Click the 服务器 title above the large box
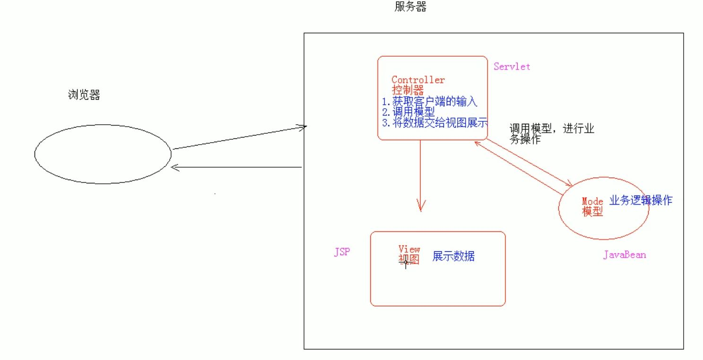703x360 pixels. [x=410, y=7]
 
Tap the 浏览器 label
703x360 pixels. [x=84, y=95]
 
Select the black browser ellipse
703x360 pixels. [x=102, y=154]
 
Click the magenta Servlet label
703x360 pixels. [x=512, y=67]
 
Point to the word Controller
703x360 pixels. [x=418, y=80]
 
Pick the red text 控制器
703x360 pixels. [x=408, y=90]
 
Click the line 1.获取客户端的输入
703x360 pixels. [x=431, y=101]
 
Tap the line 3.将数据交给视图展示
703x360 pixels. [x=434, y=123]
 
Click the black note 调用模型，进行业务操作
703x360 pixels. [x=551, y=134]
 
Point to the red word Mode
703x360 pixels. [x=592, y=202]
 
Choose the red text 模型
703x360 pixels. [x=592, y=212]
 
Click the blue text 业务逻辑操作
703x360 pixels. [x=641, y=200]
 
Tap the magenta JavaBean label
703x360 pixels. [x=624, y=255]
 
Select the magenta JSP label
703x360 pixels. [x=342, y=252]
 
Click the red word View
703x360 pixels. [x=409, y=249]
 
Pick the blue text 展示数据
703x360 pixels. [x=453, y=257]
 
